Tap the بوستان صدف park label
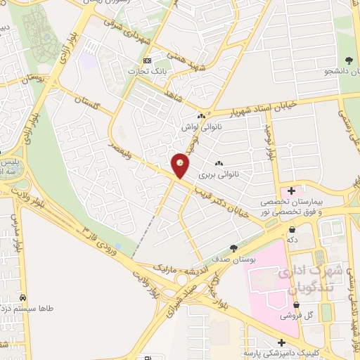point(233,259)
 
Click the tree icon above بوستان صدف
point(233,247)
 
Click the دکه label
point(291,240)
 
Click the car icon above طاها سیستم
point(23,297)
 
